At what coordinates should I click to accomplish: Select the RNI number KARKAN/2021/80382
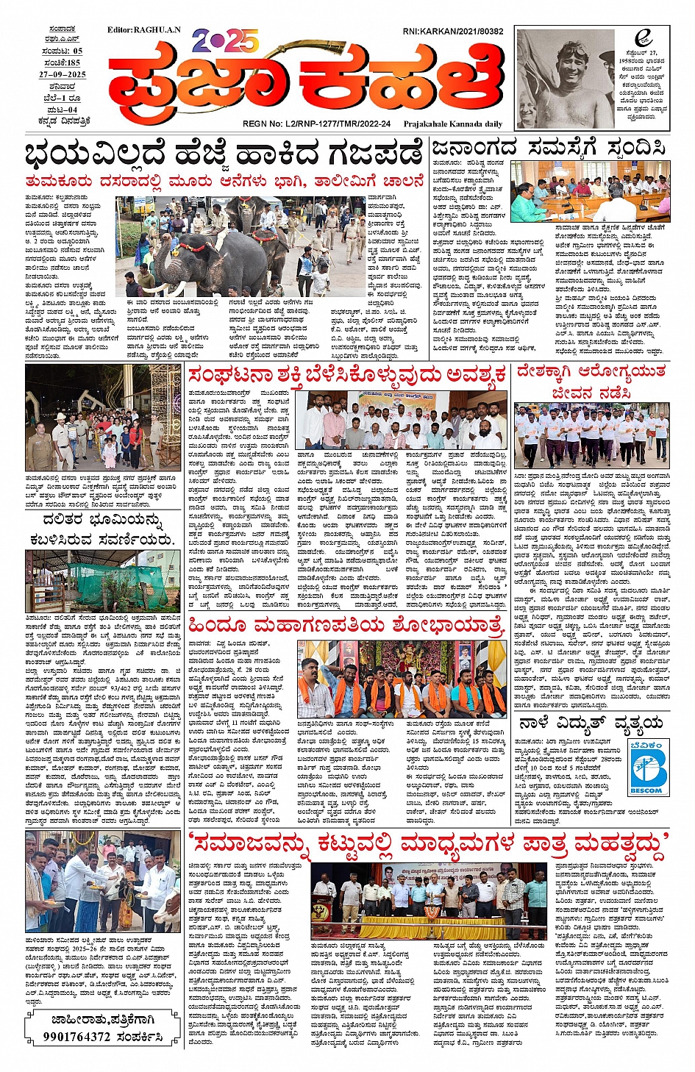453,32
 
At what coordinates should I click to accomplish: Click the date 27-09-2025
63,75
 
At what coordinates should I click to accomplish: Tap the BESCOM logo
648,768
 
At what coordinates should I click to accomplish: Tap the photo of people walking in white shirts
591,436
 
